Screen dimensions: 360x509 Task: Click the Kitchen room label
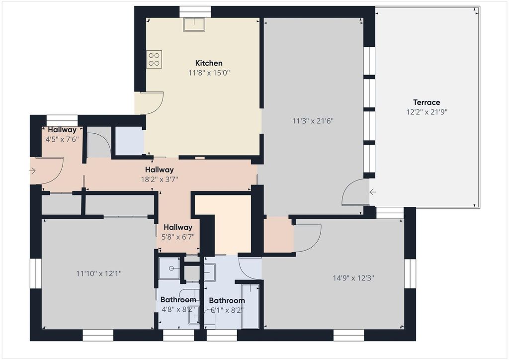[209, 63]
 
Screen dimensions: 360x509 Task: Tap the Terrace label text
[426, 102]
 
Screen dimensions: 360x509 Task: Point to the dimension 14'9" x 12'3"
[353, 278]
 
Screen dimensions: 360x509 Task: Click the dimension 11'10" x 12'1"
[99, 273]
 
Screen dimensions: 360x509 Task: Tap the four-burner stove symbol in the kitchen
[154, 60]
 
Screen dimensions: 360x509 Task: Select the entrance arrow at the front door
[33, 171]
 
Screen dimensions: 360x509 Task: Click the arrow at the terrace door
[373, 192]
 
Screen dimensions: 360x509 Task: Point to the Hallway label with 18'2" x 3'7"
[160, 170]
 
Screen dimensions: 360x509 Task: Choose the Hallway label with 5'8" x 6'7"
[178, 227]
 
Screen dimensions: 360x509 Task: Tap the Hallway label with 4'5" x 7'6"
[62, 130]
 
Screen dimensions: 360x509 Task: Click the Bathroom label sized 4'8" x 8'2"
[178, 300]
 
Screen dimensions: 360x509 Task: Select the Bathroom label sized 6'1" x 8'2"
[227, 300]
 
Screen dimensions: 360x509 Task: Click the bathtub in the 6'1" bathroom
[250, 305]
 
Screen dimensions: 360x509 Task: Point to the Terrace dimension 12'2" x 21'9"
[426, 112]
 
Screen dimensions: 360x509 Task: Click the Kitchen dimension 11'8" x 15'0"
[209, 73]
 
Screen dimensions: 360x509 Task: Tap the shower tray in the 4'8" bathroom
[170, 269]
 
